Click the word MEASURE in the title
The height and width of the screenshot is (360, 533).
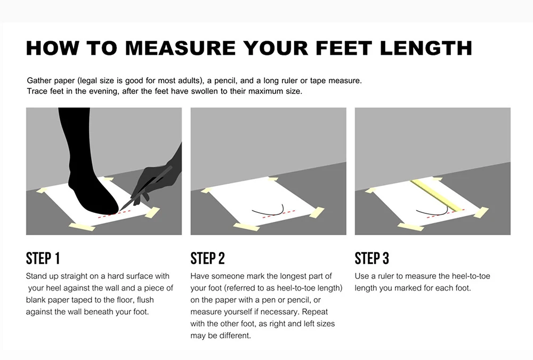coord(180,47)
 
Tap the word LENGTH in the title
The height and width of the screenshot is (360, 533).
coord(426,47)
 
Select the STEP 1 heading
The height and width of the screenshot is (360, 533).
coord(43,259)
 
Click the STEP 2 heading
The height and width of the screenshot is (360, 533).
coord(208,259)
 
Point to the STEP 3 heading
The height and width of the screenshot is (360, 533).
coord(372,259)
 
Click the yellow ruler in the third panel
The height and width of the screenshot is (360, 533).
coord(438,195)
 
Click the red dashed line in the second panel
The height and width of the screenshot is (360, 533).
coord(279,214)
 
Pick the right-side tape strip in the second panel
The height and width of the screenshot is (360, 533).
coord(316,212)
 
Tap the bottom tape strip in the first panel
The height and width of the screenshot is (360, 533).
coord(82,227)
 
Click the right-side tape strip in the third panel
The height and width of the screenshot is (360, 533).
coord(480,212)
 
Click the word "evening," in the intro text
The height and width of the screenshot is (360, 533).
coord(103,91)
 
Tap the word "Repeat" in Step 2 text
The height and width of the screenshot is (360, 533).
coord(315,311)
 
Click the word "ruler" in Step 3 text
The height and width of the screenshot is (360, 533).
coord(388,276)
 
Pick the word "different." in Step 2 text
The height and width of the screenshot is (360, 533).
coord(235,335)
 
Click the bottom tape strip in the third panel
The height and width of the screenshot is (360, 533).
coord(410,227)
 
